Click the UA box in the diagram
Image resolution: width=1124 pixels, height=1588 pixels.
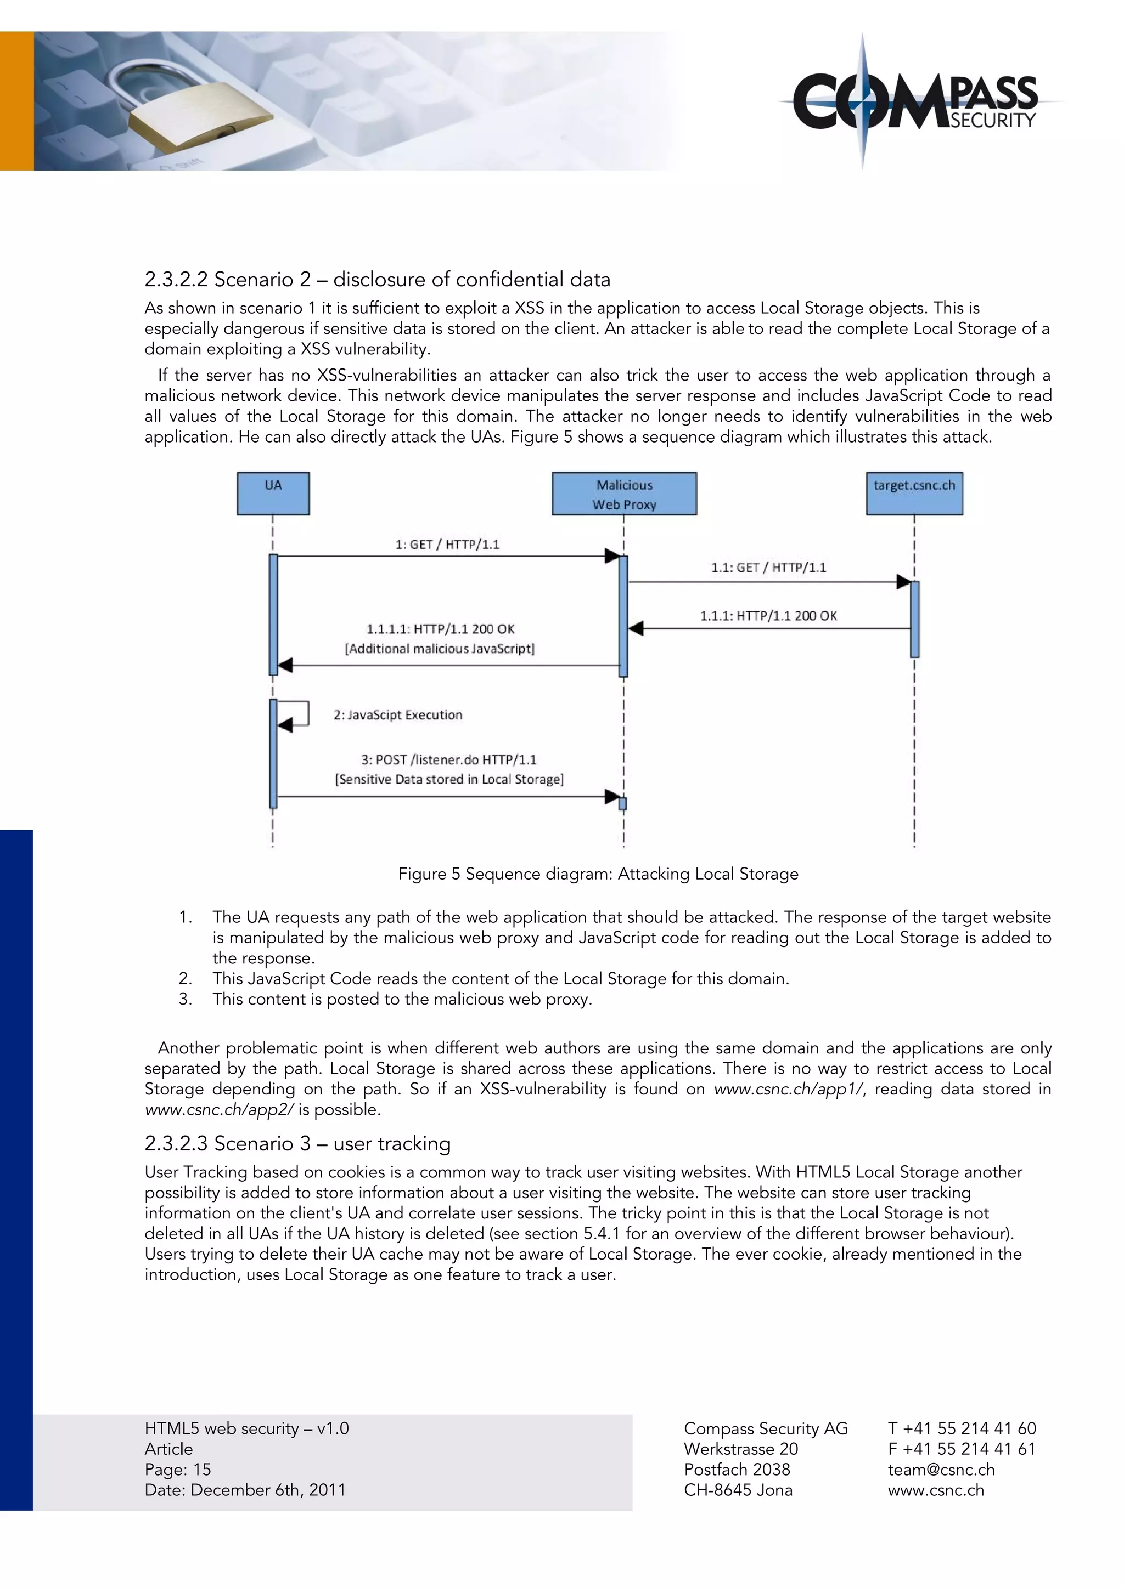(x=273, y=493)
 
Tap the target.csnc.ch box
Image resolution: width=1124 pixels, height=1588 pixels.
(x=914, y=493)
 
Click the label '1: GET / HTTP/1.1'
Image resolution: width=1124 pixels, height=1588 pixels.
(x=447, y=545)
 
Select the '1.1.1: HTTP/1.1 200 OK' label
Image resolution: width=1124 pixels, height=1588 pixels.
(x=768, y=616)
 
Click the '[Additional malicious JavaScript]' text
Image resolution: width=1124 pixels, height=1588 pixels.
(x=440, y=649)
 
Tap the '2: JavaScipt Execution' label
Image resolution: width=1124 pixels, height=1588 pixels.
(x=397, y=714)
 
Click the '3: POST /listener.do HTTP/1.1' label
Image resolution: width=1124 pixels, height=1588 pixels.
(x=448, y=759)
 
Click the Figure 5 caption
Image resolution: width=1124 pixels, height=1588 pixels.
(x=598, y=874)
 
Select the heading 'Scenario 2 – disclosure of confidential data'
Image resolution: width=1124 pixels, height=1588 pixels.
(x=377, y=280)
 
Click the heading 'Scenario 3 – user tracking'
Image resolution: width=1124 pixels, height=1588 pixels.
(x=297, y=1143)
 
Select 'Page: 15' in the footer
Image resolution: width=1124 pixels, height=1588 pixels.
(x=178, y=1469)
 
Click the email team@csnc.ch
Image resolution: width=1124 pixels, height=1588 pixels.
(x=941, y=1469)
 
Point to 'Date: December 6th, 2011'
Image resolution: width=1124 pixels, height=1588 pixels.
(x=245, y=1490)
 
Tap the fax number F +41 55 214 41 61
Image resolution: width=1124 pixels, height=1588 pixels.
(x=962, y=1449)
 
